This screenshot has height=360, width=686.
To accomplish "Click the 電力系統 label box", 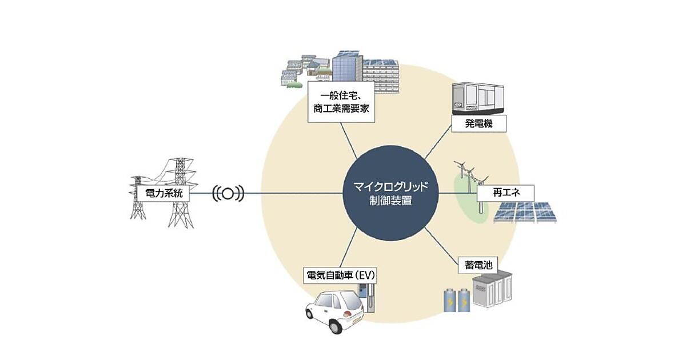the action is click(163, 193).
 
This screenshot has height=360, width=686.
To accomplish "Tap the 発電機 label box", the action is click(478, 123).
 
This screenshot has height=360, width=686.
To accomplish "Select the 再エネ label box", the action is click(505, 193).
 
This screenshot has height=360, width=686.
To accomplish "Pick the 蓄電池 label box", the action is click(478, 265).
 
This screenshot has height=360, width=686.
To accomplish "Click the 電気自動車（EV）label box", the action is click(340, 276).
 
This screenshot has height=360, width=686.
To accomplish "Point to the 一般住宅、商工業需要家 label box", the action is click(341, 102).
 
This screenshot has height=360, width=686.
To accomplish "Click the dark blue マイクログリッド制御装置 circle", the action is click(390, 193).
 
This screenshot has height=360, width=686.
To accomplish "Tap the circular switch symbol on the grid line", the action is click(228, 194).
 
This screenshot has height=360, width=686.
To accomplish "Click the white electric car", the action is click(334, 311).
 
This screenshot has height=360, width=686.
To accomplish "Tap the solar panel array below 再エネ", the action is click(525, 212).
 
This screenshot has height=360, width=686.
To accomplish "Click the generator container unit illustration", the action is click(478, 98).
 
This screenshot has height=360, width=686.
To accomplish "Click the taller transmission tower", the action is click(181, 193).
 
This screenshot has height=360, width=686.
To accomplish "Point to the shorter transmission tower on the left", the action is click(138, 198).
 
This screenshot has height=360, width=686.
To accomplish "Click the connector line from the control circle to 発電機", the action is click(438, 142).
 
